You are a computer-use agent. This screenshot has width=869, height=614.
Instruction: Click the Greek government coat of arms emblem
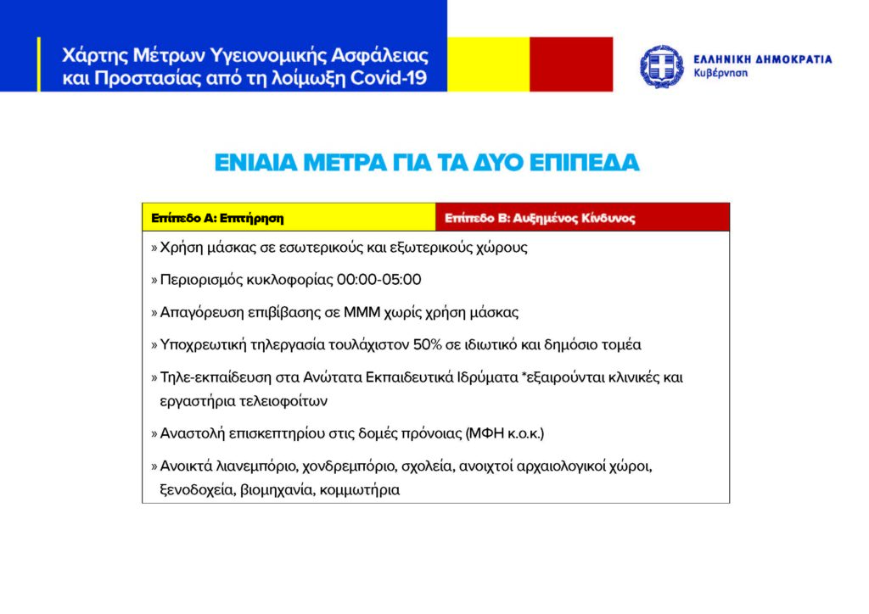click(662, 66)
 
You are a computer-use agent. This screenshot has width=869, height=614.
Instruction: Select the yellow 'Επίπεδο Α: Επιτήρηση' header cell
click(289, 217)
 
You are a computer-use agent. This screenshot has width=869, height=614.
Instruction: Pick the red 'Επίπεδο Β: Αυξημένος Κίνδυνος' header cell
click(582, 217)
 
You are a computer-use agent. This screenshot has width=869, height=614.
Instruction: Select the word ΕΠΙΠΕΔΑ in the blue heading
click(591, 163)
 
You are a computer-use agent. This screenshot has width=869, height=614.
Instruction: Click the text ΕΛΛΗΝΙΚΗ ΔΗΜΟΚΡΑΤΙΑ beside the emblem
click(762, 59)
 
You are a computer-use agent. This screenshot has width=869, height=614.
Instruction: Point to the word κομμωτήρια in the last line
click(360, 490)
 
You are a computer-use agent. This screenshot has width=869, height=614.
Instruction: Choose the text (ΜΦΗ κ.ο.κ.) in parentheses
click(505, 433)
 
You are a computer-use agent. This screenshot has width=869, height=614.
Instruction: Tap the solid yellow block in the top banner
click(488, 64)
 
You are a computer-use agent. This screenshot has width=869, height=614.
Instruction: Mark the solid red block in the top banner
click(570, 64)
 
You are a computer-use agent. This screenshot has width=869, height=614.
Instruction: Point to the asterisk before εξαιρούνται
click(526, 375)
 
